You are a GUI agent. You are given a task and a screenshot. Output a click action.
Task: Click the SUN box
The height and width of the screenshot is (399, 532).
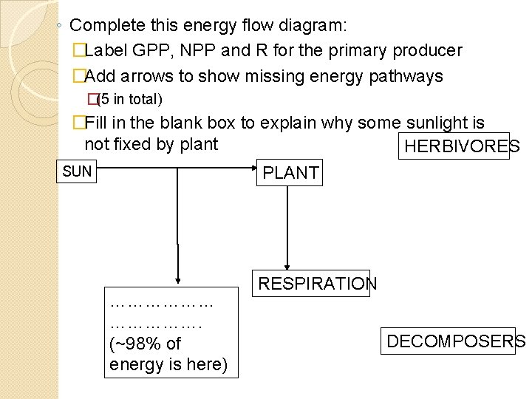(x=77, y=172)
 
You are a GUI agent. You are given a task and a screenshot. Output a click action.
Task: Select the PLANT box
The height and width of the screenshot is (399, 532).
(x=290, y=173)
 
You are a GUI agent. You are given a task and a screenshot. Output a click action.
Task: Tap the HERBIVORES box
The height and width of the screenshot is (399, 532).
(x=462, y=147)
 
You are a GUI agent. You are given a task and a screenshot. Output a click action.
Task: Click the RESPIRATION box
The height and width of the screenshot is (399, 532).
(x=317, y=284)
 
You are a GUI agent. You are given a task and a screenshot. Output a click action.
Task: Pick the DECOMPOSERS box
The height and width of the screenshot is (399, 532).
(x=456, y=341)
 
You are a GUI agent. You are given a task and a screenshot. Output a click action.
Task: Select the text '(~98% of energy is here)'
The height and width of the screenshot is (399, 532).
(x=168, y=354)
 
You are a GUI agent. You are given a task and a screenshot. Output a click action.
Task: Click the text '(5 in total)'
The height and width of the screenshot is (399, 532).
(x=130, y=99)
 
